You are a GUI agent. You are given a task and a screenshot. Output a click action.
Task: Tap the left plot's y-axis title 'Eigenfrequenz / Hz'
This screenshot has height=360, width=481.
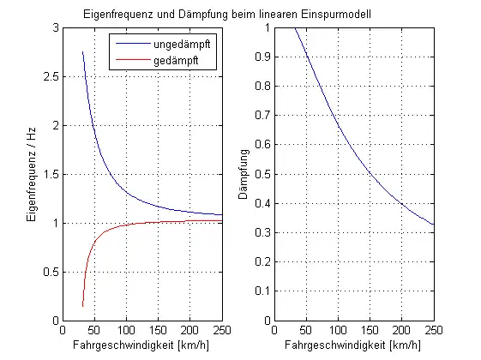(x=32, y=174)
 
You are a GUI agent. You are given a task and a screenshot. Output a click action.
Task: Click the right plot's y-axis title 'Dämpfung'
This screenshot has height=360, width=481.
(x=244, y=174)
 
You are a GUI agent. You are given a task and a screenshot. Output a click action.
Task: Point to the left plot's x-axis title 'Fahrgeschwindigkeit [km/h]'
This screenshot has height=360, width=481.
(x=142, y=345)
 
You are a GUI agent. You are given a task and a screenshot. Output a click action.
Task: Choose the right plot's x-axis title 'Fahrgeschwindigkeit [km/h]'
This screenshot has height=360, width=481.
(x=353, y=345)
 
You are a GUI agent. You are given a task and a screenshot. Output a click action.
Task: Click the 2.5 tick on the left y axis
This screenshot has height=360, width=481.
(x=51, y=76)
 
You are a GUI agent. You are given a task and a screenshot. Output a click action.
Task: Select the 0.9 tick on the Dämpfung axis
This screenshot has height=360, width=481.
(x=262, y=57)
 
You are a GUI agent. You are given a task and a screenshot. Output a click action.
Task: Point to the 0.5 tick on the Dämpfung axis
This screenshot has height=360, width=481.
(x=262, y=174)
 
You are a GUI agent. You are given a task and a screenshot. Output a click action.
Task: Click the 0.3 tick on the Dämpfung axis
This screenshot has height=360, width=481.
(x=262, y=232)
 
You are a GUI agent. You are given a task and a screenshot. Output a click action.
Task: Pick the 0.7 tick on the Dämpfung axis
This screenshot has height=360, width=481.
(x=262, y=116)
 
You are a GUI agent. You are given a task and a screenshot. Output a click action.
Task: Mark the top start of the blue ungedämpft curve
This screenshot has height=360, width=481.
(x=82, y=52)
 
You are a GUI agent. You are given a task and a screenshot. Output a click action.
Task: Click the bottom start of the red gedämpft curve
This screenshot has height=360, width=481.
(x=82, y=306)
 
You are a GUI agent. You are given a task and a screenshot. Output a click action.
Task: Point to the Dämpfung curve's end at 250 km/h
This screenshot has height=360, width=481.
(x=433, y=225)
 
